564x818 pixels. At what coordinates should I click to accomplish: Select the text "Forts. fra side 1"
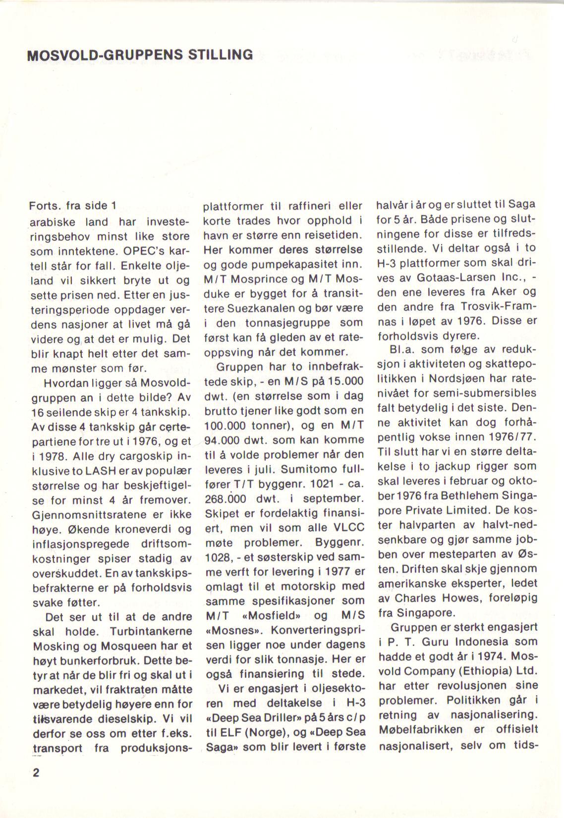(x=72, y=206)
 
